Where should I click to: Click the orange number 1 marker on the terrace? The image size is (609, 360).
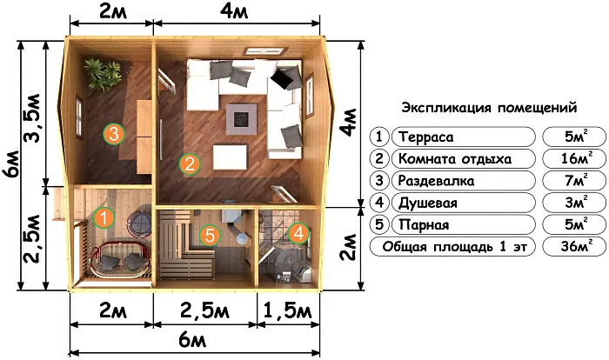[103, 217]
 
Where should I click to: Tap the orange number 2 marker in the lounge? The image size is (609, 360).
[189, 163]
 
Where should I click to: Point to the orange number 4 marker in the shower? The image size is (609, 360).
[298, 233]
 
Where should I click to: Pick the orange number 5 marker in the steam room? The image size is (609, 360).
[209, 234]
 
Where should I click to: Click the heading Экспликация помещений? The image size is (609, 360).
[489, 109]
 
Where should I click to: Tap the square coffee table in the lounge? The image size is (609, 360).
[240, 117]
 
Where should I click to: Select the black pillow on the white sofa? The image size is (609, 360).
[283, 80]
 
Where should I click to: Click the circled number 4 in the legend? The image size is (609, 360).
[380, 203]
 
